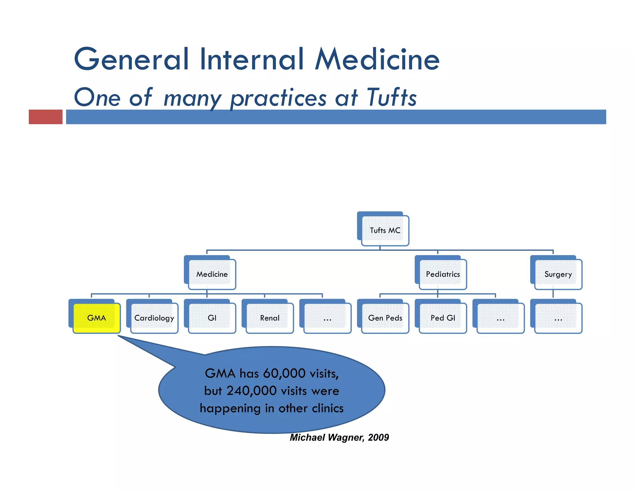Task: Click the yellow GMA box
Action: [96, 318]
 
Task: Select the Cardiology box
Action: [154, 318]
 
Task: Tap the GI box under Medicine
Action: [212, 318]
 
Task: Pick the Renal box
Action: [270, 318]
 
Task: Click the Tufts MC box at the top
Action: [385, 230]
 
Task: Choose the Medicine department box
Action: [212, 274]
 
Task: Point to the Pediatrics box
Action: [443, 274]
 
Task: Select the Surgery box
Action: [558, 274]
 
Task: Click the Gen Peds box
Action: [385, 318]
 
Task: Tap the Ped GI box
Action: [443, 318]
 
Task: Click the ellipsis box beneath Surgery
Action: [558, 318]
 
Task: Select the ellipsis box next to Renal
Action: [327, 318]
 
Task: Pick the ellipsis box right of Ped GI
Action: [500, 318]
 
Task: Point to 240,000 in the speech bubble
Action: [251, 391]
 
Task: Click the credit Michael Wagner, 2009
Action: [339, 437]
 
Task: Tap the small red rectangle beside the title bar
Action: [46, 117]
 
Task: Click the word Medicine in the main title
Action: [377, 59]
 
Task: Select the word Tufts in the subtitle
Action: [392, 97]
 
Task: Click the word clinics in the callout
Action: [327, 408]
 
